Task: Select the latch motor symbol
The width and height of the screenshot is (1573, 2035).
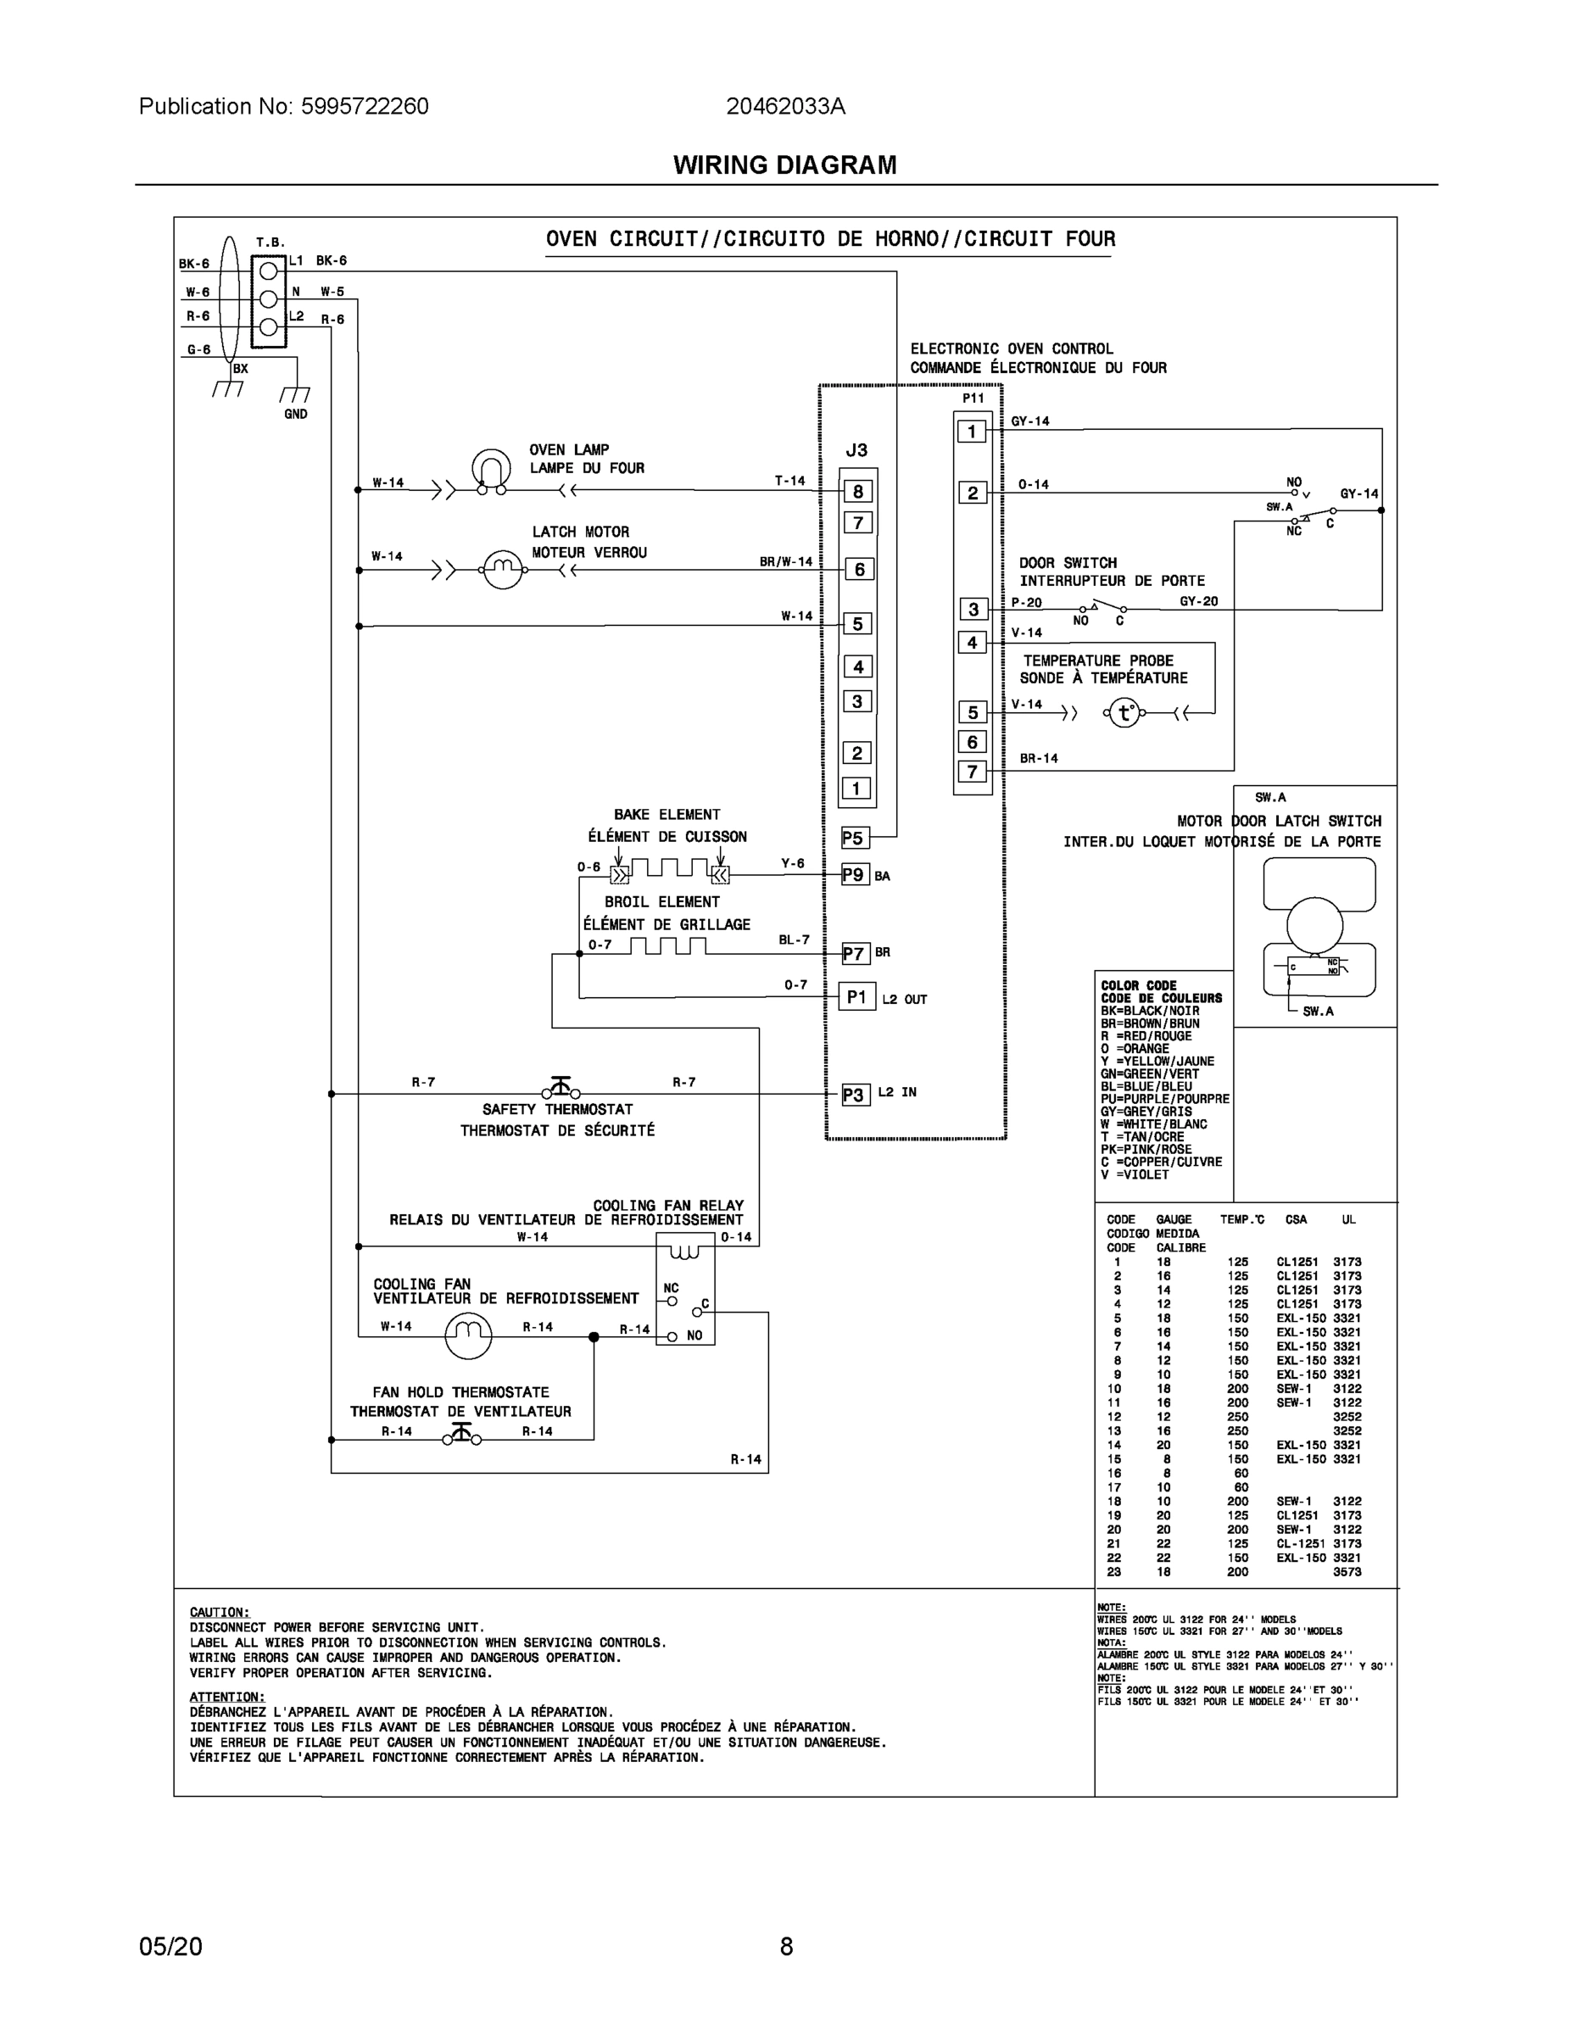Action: pyautogui.click(x=502, y=568)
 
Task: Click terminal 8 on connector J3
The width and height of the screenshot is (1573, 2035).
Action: pyautogui.click(x=857, y=491)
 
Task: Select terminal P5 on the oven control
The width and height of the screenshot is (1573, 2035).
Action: pyautogui.click(x=853, y=838)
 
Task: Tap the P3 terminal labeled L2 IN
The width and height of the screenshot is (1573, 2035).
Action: pyautogui.click(x=854, y=1094)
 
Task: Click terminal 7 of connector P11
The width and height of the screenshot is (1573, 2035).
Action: pyautogui.click(x=972, y=772)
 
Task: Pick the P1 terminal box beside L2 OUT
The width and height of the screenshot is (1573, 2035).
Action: pyautogui.click(x=856, y=997)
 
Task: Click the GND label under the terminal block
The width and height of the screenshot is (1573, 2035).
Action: pyautogui.click(x=295, y=414)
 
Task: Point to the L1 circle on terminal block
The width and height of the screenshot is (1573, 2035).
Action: pyautogui.click(x=268, y=271)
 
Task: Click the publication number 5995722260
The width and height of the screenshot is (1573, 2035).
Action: pyautogui.click(x=365, y=106)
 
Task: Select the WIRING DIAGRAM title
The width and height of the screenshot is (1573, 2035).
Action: pyautogui.click(x=784, y=165)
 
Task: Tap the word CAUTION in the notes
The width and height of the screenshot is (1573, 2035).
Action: pyautogui.click(x=219, y=1612)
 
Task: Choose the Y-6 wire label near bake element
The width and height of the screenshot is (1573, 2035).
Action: pyautogui.click(x=792, y=864)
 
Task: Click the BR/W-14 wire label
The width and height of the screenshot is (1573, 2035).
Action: pyautogui.click(x=785, y=562)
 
